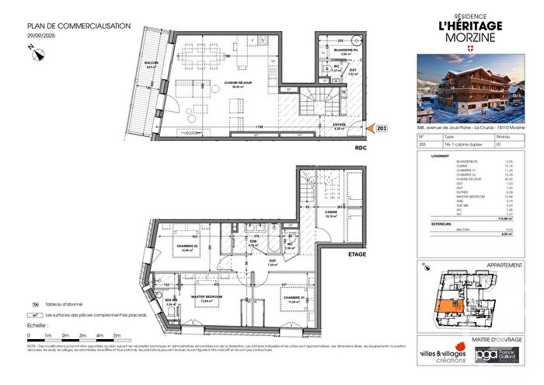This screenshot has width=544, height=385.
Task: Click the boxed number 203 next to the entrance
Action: pyautogui.click(x=382, y=128)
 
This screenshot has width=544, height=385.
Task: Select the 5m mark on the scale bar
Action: pyautogui.click(x=117, y=337)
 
